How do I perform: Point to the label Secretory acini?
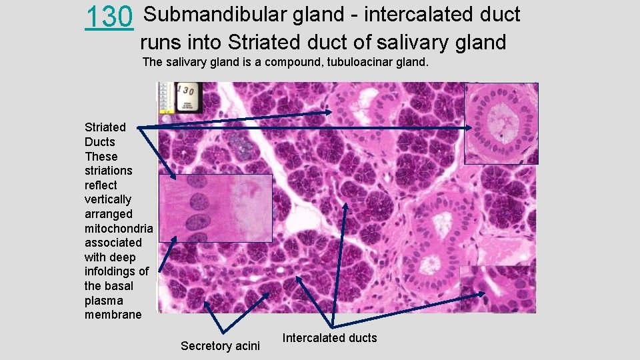coord(220,345)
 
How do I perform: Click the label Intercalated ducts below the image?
coord(329,338)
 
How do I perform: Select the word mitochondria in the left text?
coord(119,229)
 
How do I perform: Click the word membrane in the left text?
coord(113,315)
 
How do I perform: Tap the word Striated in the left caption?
coord(105,127)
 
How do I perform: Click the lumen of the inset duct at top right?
coord(501,124)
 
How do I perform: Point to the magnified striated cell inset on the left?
coord(215,208)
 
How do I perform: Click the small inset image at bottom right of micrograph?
coord(497,288)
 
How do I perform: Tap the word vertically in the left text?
coord(108,199)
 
